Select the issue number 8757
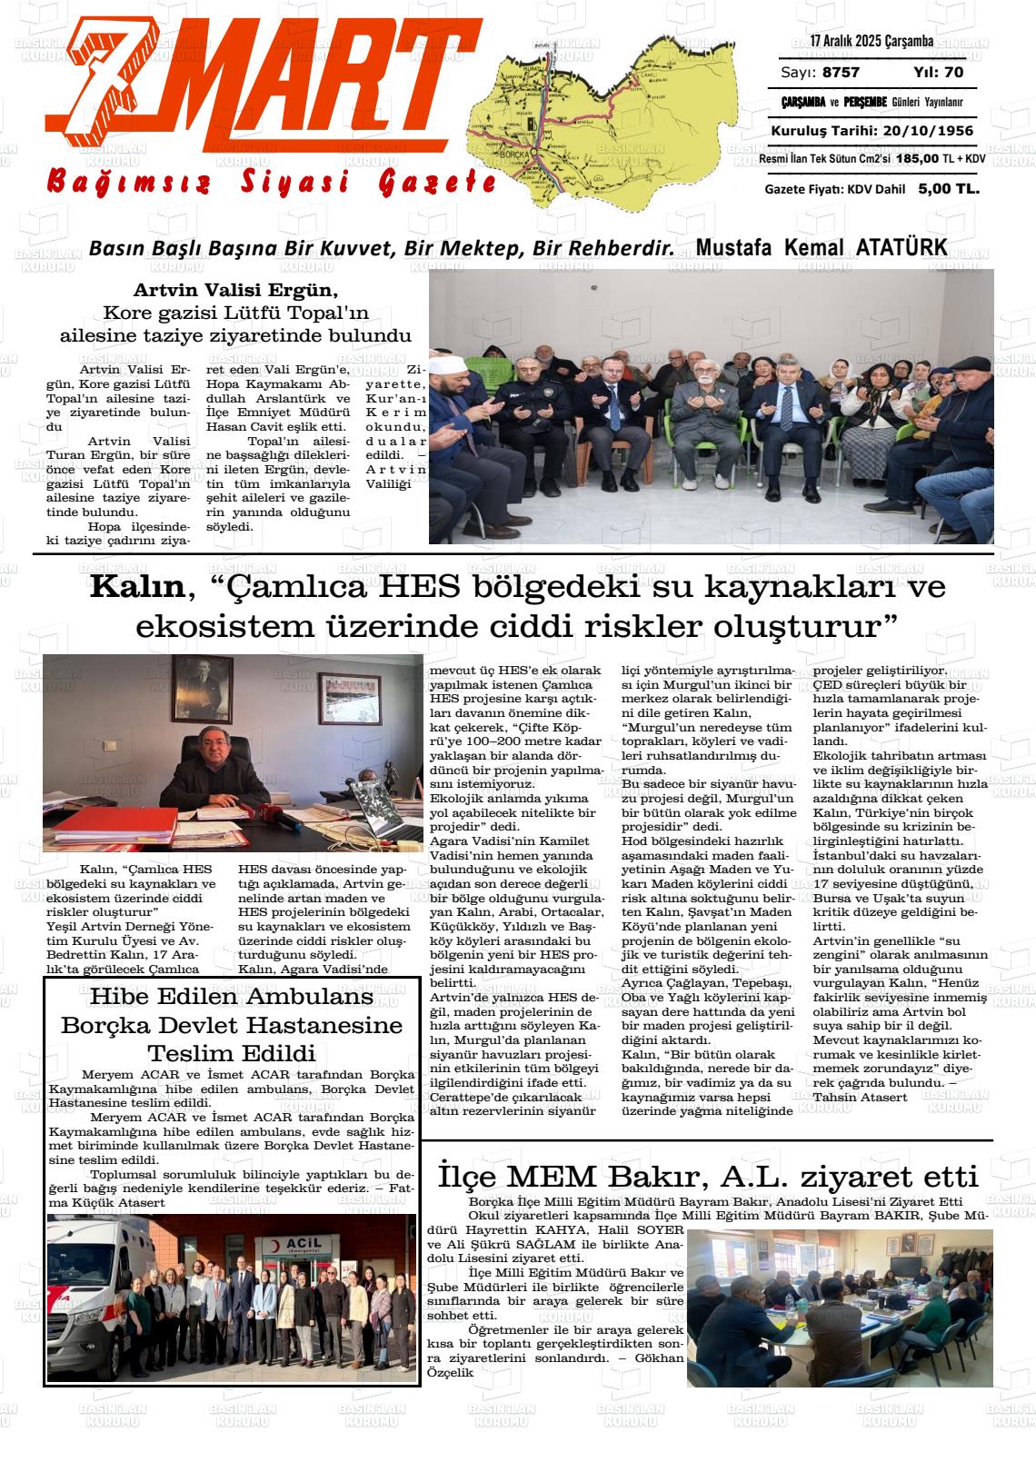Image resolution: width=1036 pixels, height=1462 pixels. [x=840, y=73]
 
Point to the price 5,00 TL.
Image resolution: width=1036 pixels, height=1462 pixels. [x=948, y=189]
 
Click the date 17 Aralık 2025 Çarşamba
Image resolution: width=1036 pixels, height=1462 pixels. [x=872, y=42]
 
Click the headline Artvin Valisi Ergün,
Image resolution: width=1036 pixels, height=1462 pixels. [x=235, y=292]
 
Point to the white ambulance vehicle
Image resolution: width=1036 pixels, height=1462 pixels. [x=91, y=1290]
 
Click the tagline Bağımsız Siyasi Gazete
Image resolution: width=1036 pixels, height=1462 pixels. [x=273, y=183]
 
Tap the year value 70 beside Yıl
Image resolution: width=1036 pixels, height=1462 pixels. [x=953, y=73]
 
